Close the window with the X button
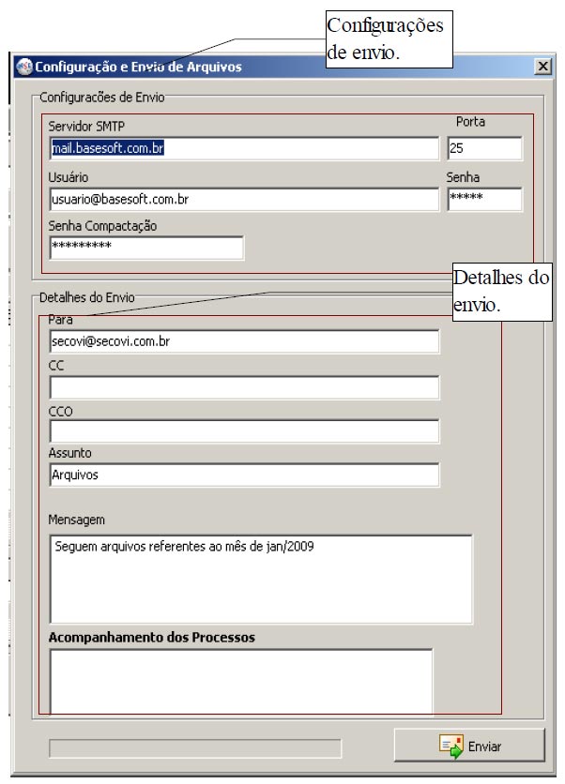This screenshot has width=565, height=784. pos(542,67)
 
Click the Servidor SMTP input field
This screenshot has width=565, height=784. pos(243,148)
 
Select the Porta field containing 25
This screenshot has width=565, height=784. pos(484,148)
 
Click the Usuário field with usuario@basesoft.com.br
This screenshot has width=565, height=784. pos(243,199)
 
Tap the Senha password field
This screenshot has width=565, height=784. pos(484,199)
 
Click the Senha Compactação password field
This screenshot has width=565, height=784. pos(145,247)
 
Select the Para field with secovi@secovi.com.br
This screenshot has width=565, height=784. pos(243,342)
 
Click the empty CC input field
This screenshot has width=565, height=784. pos(243,387)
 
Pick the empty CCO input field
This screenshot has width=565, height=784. pos(243,431)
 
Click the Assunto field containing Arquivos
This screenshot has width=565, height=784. pos(243,475)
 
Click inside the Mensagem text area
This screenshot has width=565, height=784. pos(260,579)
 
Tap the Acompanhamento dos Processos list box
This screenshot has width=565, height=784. pos(240,680)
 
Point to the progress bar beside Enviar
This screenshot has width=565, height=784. pos(195,747)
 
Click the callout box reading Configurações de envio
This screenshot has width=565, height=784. pos(388,42)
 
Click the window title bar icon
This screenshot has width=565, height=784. pos(24,67)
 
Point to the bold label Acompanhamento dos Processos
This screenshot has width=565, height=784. pos(152,638)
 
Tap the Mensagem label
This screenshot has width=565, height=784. pos(77,519)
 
